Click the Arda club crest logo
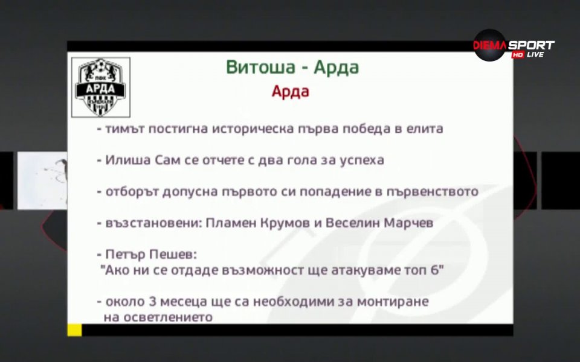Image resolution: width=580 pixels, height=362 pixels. point(101,87)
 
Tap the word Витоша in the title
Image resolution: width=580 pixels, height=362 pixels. point(258,67)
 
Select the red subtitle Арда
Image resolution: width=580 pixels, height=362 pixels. point(291,92)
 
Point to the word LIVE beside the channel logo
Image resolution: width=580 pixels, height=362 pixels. point(535,55)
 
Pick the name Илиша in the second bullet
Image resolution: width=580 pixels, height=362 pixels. point(129,160)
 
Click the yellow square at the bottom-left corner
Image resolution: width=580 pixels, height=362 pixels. point(74,330)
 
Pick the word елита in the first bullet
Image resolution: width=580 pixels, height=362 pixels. point(427,129)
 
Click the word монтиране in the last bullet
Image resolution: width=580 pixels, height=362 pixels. point(401,301)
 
